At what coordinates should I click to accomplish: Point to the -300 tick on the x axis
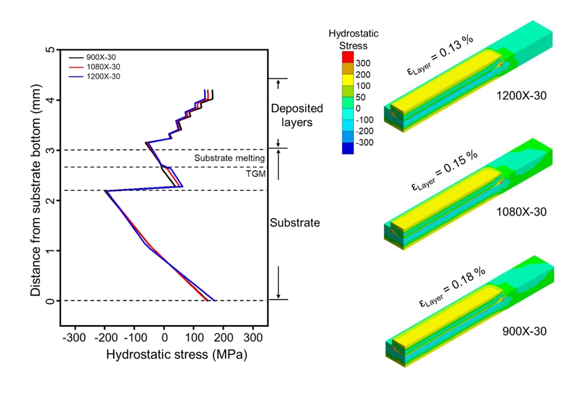pos(75,338)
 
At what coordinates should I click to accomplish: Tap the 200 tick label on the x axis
pos(223,338)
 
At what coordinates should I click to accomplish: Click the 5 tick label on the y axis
pos(50,50)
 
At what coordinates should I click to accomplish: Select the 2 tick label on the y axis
pos(50,201)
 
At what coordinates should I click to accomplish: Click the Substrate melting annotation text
pos(230,158)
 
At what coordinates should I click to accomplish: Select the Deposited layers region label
pos(298,115)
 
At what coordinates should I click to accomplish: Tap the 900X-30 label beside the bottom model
pos(524,331)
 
